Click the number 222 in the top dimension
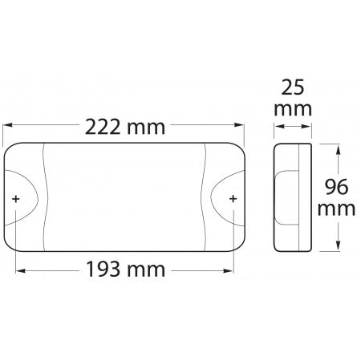[x=103, y=127]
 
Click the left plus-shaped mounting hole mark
[x=17, y=198]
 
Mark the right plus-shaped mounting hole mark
[x=233, y=198]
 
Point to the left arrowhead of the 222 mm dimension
[x=10, y=127]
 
